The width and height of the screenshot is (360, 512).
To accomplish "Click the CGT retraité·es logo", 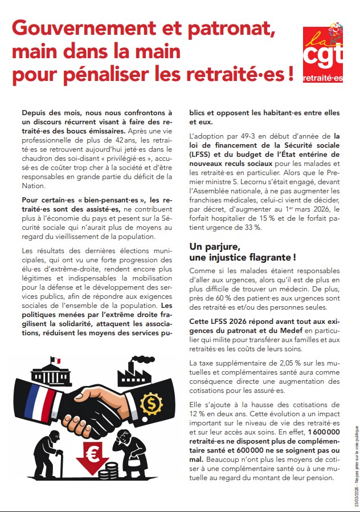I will (x=322, y=55).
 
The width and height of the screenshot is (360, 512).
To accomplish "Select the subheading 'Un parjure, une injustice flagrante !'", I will (x=243, y=252).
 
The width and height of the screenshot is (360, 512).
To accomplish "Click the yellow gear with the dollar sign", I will (x=151, y=404).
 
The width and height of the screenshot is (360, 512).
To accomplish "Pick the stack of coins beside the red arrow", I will (x=109, y=472).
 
